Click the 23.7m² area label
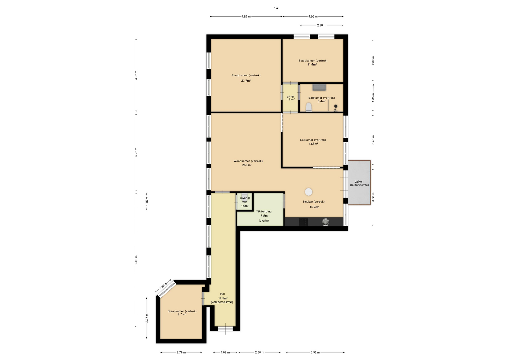tap(246, 81)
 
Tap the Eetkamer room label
tap(313, 140)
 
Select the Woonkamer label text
tap(248, 161)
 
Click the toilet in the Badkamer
tap(309, 107)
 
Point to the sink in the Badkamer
tap(319, 87)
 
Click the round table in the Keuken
tap(309, 191)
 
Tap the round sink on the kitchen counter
tap(326, 222)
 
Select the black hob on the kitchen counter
tap(304, 222)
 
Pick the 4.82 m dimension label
tap(246, 16)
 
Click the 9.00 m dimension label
tap(136, 260)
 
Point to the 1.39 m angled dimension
tap(164, 286)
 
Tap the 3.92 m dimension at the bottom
tap(315, 352)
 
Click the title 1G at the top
tap(276, 8)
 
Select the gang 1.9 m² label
tap(290, 98)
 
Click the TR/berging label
tap(264, 212)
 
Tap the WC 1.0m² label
tap(244, 204)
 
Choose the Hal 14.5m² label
tap(222, 298)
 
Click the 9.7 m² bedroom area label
tap(182, 314)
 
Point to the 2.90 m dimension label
tap(322, 25)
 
